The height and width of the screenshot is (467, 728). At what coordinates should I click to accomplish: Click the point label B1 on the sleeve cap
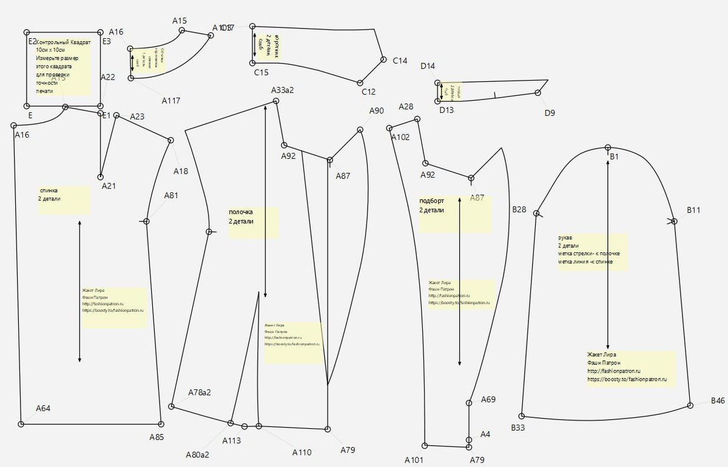pos(614,157)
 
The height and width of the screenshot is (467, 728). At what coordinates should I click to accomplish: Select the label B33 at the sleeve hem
pos(517,428)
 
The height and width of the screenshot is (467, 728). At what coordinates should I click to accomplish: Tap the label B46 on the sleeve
pos(718,401)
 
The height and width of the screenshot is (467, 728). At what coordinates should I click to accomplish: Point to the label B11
pos(693,210)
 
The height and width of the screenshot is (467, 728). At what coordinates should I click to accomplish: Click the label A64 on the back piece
pos(43,408)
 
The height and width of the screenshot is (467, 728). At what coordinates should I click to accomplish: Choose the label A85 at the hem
pos(157,437)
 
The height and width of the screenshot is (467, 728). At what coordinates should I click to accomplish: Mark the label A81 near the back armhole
pos(171,195)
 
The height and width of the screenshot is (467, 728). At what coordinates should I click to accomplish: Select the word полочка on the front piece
pos(241,212)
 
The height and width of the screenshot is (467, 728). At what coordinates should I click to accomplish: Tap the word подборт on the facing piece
pos(432,201)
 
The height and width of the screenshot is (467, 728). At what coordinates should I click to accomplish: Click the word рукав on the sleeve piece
pos(565,238)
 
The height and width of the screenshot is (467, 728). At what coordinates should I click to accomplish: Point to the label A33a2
pos(282,90)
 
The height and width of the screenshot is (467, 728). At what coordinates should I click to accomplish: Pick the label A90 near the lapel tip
pos(377,111)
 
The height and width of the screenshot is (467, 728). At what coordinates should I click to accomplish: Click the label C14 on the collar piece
pos(400,61)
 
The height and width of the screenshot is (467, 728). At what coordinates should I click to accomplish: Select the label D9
pos(549,113)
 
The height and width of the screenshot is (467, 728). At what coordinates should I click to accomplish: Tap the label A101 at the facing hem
pos(414,460)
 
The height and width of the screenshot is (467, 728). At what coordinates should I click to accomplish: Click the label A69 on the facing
pos(488,400)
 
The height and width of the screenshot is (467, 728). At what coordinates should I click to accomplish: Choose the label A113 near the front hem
pos(231,440)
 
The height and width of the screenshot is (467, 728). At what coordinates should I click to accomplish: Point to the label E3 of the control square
pos(106,41)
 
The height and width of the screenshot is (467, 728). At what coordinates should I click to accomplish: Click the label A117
pos(171,101)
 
